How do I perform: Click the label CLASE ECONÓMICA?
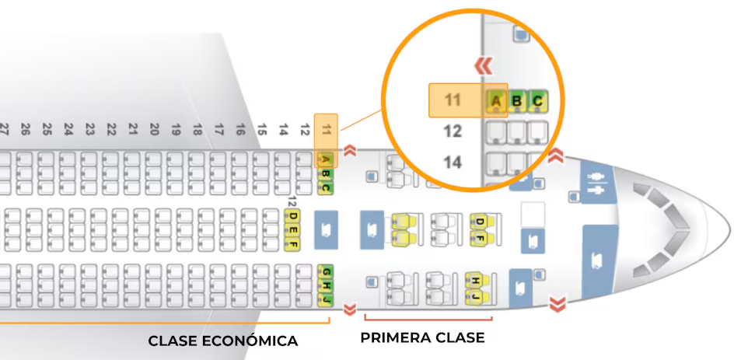[x=222, y=341]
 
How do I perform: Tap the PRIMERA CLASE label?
[x=422, y=337]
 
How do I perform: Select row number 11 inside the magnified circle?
[x=453, y=100]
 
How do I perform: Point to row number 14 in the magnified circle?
[x=453, y=163]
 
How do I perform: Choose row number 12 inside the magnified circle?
[x=453, y=131]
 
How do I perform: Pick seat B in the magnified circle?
[x=516, y=100]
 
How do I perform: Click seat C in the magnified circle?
[x=537, y=100]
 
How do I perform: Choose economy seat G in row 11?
[x=327, y=271]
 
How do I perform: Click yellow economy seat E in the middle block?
[x=293, y=230]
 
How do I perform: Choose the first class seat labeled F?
[x=480, y=236]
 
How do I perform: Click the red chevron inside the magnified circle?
[x=484, y=65]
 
